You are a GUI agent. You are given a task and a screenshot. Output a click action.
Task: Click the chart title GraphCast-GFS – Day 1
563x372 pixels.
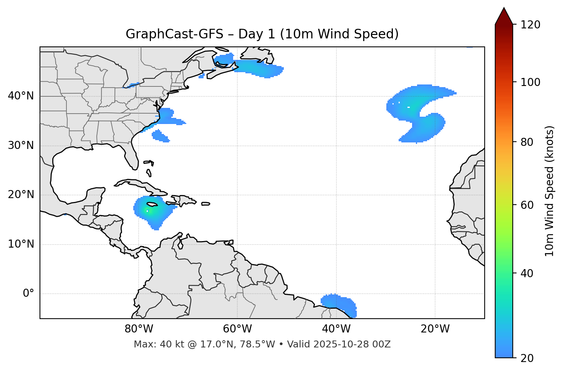coord(262,34)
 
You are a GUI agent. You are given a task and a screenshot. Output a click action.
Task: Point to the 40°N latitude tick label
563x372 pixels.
coord(21,96)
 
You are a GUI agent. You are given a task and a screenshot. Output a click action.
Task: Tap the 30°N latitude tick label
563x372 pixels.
coord(21,145)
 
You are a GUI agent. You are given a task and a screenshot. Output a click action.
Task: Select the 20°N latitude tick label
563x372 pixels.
coord(21,195)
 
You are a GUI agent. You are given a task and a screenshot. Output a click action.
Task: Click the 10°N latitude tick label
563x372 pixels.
coord(21,244)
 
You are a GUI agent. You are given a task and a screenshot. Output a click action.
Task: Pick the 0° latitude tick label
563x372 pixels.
coord(28,294)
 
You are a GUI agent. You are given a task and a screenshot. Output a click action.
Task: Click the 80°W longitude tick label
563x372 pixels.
coord(139,329)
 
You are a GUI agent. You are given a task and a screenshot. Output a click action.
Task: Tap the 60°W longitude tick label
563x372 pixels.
coord(237,329)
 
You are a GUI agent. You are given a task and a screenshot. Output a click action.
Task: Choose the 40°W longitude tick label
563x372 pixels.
coord(336,329)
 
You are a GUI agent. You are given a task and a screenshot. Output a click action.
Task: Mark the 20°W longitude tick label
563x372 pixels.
coord(435,329)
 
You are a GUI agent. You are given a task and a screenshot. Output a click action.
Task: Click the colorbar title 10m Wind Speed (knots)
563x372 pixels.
coord(550,191)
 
